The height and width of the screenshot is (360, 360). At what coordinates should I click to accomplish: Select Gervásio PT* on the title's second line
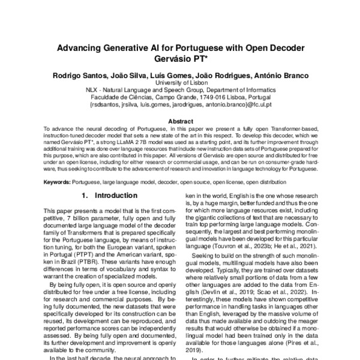[x=179, y=59]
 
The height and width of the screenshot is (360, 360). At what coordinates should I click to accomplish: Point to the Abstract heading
[x=180, y=121]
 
